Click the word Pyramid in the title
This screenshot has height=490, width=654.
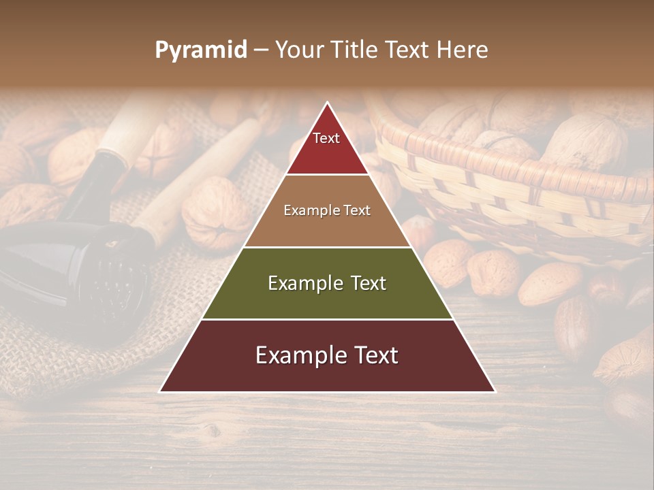200,50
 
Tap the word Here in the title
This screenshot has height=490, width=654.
463,50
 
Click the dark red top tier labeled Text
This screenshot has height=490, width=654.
327,153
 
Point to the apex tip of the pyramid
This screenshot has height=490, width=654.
327,103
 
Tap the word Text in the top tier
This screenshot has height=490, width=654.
326,138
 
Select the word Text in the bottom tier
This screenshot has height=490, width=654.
371,355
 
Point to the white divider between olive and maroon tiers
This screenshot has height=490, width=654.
327,319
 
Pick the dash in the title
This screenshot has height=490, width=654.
260,50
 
